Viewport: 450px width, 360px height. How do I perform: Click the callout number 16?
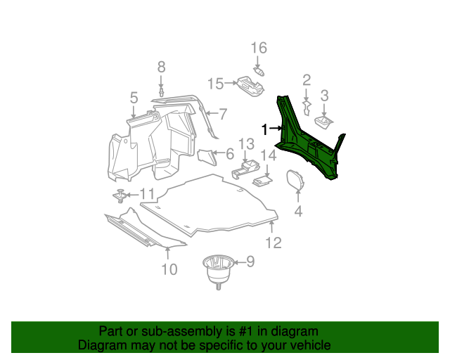point(259,48)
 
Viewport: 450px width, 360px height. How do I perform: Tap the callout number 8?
point(161,67)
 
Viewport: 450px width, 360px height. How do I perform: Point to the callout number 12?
point(273,243)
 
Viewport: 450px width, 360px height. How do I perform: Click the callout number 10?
point(169,269)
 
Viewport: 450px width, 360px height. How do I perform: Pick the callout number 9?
point(250,263)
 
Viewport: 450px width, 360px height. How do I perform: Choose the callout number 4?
point(298,211)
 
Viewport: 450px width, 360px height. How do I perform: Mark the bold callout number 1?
point(265,129)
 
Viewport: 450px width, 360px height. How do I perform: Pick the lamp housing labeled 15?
point(250,85)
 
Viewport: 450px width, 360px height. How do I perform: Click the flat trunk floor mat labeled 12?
point(211,204)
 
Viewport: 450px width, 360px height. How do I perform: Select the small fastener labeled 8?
point(161,91)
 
